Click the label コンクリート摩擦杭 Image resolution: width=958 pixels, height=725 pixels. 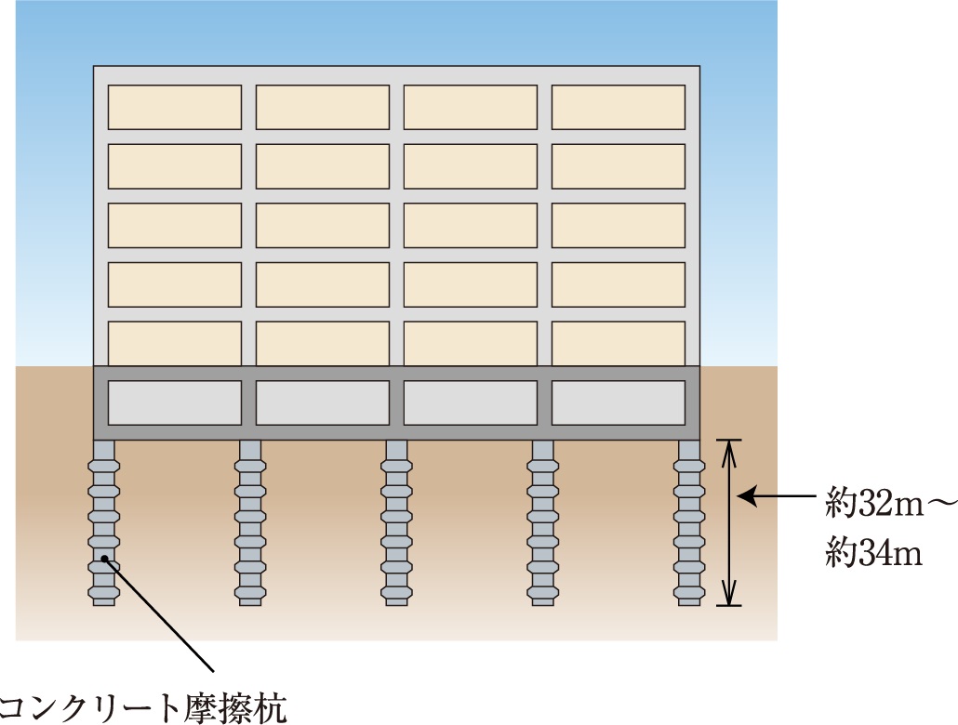pyautogui.click(x=144, y=706)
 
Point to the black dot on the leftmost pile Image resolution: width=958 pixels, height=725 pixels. pyautogui.click(x=106, y=559)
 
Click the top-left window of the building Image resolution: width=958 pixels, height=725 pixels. pyautogui.click(x=175, y=107)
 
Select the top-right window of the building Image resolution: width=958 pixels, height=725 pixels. pyautogui.click(x=619, y=107)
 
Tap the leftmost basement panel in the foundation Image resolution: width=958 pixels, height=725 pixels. pyautogui.click(x=175, y=403)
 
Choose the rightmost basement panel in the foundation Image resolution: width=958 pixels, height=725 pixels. pyautogui.click(x=619, y=403)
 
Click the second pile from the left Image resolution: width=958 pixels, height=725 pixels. pyautogui.click(x=250, y=522)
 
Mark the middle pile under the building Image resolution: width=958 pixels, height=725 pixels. pyautogui.click(x=397, y=522)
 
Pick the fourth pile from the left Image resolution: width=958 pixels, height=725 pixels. pyautogui.click(x=543, y=522)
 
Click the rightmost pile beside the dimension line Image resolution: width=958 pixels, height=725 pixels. pyautogui.click(x=689, y=522)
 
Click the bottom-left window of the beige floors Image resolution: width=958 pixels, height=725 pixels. pyautogui.click(x=175, y=343)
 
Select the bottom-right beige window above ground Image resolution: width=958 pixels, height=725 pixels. pyautogui.click(x=619, y=343)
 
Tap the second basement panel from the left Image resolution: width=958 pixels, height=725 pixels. pyautogui.click(x=323, y=403)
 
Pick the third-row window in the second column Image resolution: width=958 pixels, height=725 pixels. pyautogui.click(x=323, y=225)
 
